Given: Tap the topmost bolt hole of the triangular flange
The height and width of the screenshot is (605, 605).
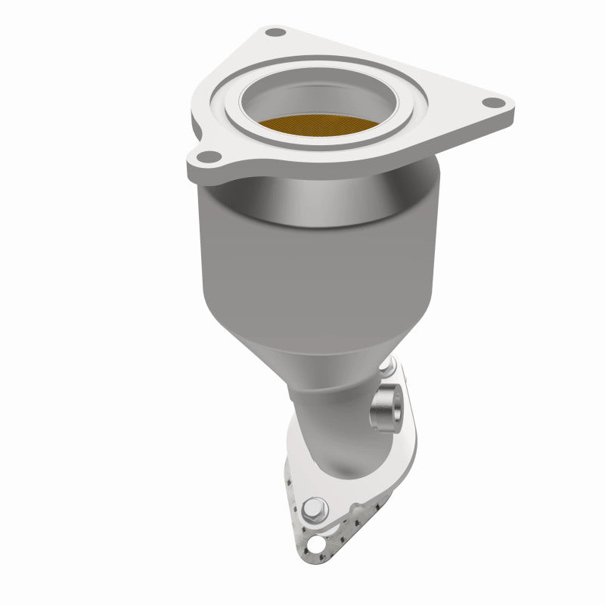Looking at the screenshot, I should point(276,33).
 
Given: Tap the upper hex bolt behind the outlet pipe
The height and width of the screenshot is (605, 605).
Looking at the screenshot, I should point(388,368).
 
